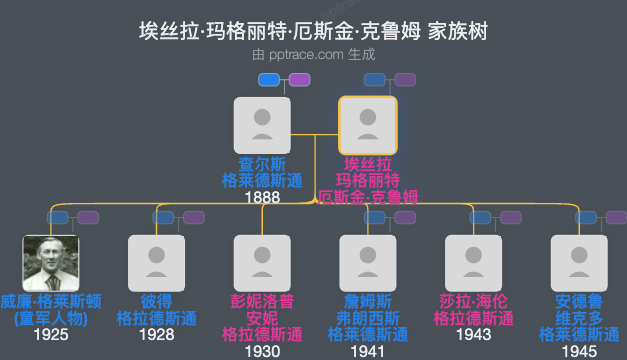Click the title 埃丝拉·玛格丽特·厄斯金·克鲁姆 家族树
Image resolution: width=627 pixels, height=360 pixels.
point(313,31)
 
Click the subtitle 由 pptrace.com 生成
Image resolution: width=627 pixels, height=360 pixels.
point(313,55)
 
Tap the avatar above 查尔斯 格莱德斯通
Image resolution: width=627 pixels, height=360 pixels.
point(262,125)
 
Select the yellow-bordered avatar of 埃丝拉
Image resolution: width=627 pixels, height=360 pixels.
point(368,125)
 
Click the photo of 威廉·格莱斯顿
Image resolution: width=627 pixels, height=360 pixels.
point(51,263)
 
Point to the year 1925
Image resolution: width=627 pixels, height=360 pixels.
point(51,334)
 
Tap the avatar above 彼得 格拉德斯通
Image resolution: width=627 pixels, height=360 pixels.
point(157,263)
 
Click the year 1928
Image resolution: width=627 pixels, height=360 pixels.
point(157,334)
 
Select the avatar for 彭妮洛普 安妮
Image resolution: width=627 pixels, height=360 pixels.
point(262,263)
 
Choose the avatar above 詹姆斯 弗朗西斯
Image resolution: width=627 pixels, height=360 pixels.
point(368,263)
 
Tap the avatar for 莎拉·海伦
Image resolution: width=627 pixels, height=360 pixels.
point(473,263)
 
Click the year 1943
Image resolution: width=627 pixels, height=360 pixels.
point(473,334)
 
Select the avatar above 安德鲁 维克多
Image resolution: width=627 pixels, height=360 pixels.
point(579,263)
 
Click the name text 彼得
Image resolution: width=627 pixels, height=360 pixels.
point(157,302)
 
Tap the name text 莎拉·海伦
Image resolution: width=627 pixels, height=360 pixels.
point(473,302)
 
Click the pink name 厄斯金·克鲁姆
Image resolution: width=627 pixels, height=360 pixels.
point(368,196)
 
